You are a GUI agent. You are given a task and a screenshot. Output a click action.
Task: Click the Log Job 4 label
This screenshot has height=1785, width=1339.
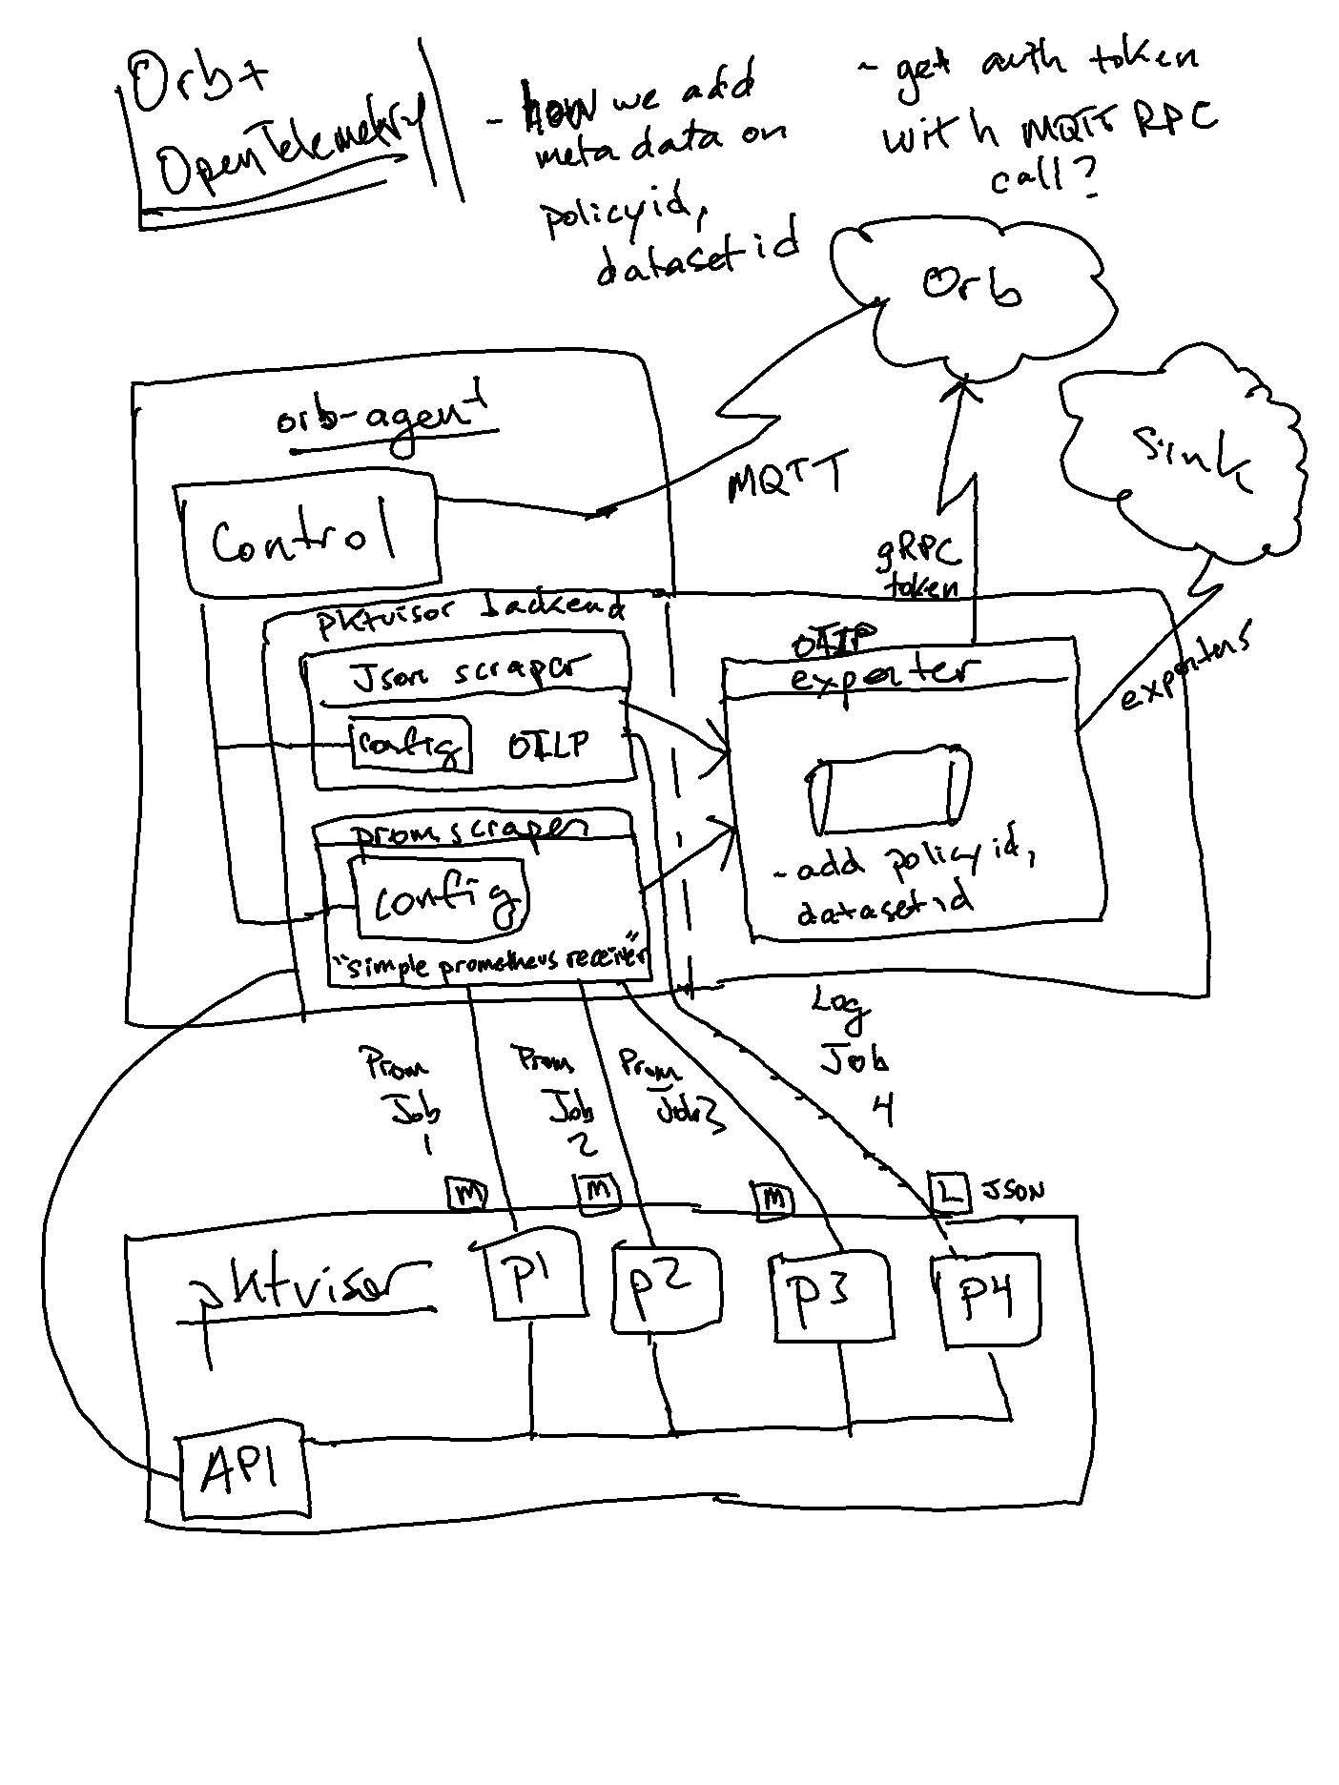(x=849, y=1054)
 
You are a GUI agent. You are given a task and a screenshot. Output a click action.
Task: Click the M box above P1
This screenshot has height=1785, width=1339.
(x=467, y=1193)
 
